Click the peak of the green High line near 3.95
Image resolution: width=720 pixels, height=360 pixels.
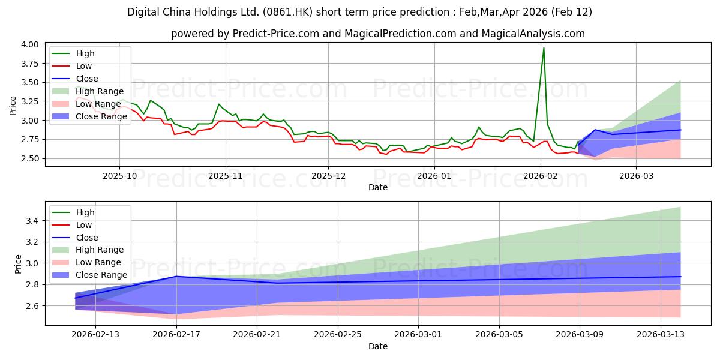pyautogui.click(x=544, y=48)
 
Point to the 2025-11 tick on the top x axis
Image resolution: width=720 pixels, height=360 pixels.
pyautogui.click(x=226, y=175)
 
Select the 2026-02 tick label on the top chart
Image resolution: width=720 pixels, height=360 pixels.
pyautogui.click(x=541, y=175)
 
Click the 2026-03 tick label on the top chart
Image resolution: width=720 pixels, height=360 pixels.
pyautogui.click(x=636, y=175)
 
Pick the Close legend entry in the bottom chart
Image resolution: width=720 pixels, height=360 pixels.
pyautogui.click(x=87, y=238)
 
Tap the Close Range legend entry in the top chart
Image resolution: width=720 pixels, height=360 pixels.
pyautogui.click(x=101, y=116)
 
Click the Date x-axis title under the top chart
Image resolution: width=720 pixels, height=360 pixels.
pyautogui.click(x=378, y=187)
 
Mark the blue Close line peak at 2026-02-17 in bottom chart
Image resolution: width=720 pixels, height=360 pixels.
pyautogui.click(x=176, y=277)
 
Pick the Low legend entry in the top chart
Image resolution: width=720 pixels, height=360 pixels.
pyautogui.click(x=84, y=66)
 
